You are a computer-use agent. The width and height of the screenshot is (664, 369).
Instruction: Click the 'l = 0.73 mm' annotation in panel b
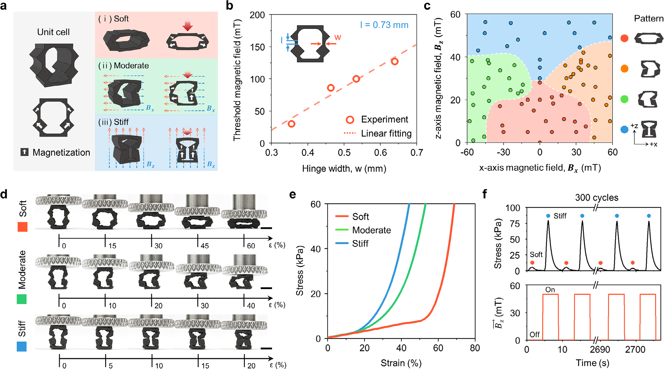click(x=384, y=25)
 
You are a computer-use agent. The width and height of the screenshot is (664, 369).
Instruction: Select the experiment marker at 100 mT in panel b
click(x=356, y=79)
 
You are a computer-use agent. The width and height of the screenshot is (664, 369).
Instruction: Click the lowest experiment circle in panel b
click(x=291, y=124)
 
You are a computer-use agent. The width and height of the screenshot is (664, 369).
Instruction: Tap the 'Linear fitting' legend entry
click(x=386, y=133)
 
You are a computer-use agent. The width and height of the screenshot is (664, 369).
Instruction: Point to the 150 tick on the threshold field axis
click(x=258, y=47)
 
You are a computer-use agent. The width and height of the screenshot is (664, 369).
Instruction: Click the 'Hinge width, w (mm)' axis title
click(x=344, y=168)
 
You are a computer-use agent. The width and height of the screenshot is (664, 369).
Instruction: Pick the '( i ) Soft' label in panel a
click(x=114, y=19)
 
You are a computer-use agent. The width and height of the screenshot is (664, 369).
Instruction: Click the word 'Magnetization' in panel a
click(x=61, y=152)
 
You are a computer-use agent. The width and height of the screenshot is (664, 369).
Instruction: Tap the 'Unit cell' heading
click(x=53, y=32)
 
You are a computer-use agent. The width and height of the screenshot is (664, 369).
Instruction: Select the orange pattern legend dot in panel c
click(x=625, y=68)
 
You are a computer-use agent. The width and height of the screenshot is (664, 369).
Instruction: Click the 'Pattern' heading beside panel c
click(x=648, y=18)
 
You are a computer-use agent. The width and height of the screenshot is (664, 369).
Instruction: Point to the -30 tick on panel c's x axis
click(x=503, y=152)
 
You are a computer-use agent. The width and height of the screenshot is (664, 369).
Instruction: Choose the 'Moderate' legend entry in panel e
click(x=371, y=230)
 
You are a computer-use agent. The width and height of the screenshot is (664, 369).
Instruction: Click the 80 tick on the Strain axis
click(x=475, y=348)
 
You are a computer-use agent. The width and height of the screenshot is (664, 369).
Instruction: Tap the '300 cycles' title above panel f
click(x=596, y=197)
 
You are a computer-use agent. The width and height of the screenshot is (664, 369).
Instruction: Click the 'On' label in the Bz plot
click(x=550, y=290)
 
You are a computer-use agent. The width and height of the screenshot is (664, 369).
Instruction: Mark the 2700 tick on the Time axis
click(x=635, y=350)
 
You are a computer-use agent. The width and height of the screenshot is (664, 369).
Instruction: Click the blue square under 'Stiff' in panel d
click(x=22, y=346)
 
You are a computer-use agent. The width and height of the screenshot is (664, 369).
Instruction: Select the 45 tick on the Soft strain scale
click(x=205, y=246)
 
